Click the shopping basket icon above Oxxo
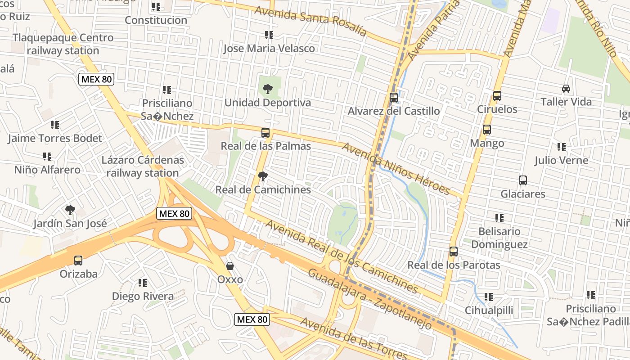[x=230, y=266]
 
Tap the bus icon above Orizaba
[x=78, y=260]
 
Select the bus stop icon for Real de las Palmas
[x=265, y=133]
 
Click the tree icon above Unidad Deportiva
[x=267, y=89]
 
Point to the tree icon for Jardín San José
[x=70, y=210]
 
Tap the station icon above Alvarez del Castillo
[x=394, y=97]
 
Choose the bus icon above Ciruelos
[x=497, y=96]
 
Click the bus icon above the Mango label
[x=487, y=130]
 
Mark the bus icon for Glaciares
[x=523, y=180]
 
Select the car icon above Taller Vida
[x=566, y=89]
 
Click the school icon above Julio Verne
[x=561, y=147]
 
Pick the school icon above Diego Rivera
[x=142, y=283]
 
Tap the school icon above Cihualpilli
[x=489, y=297]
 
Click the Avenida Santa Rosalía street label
[x=310, y=21]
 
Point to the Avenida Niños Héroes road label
[x=396, y=168]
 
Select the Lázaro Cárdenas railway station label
[x=143, y=166]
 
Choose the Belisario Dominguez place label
[x=499, y=238]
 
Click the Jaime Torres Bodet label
[x=55, y=138]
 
